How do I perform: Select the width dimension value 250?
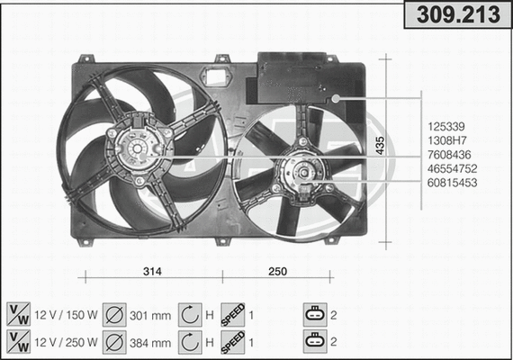click(279, 271)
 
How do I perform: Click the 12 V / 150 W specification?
click(65, 316)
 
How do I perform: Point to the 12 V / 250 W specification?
click(65, 342)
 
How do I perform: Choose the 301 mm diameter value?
click(149, 316)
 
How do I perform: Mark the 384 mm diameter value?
click(149, 342)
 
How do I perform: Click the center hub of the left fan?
click(137, 148)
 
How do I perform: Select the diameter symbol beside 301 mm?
click(113, 315)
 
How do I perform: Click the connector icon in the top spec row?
click(314, 315)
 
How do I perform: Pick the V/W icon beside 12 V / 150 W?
click(17, 315)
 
